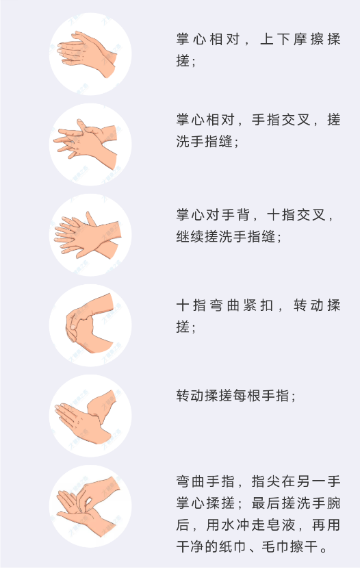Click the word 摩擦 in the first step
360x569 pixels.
[299, 39]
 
